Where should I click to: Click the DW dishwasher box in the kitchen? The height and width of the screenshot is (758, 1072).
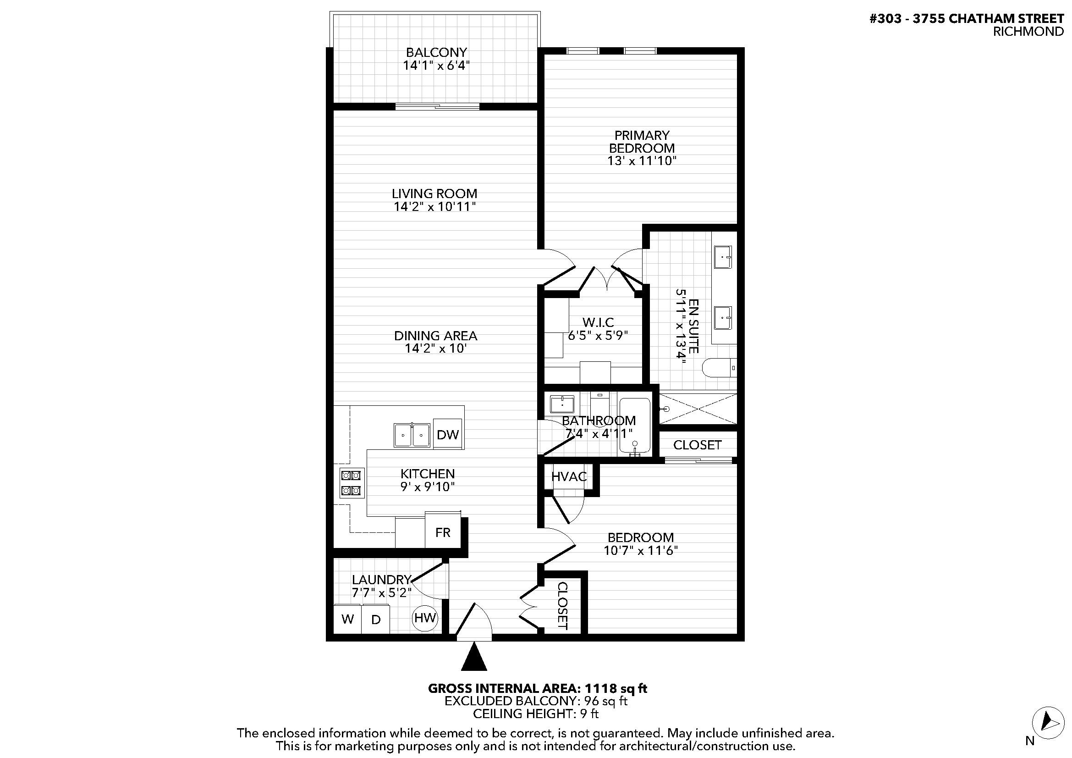click(x=448, y=434)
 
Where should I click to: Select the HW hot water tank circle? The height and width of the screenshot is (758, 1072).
click(x=425, y=618)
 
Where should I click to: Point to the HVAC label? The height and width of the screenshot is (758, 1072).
click(x=569, y=476)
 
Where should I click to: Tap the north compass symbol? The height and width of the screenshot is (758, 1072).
click(x=1048, y=723)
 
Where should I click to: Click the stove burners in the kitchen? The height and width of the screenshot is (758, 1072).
click(x=352, y=483)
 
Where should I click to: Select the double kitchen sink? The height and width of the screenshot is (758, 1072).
click(x=412, y=435)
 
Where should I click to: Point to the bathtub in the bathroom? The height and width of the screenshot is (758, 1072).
click(x=634, y=426)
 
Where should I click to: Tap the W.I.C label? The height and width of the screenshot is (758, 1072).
click(x=598, y=322)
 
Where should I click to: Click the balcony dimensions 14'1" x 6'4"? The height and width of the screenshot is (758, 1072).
click(x=436, y=65)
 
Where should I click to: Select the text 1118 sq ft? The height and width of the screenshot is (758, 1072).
click(x=616, y=688)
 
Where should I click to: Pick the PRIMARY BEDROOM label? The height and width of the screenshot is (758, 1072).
click(x=642, y=142)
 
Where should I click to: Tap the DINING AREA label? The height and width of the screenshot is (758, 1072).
click(x=435, y=335)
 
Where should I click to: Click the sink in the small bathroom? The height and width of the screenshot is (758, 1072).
click(x=562, y=404)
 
